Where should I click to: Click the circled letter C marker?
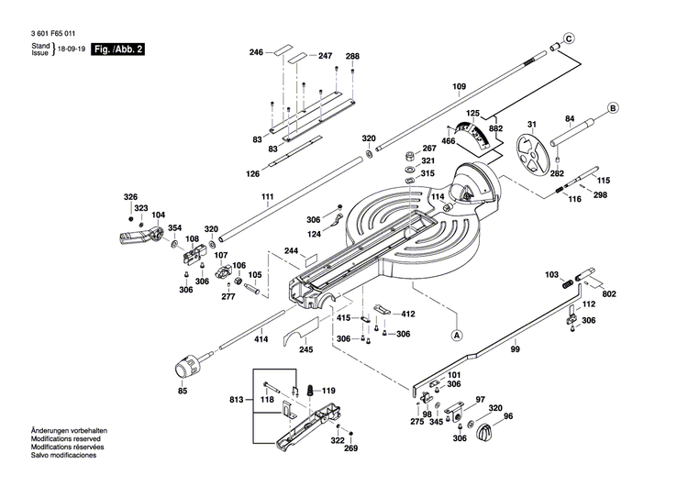click(568, 39)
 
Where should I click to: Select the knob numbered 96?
click(484, 431)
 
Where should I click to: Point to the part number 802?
click(609, 293)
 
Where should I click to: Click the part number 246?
click(256, 52)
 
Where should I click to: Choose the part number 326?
click(130, 197)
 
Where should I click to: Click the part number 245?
click(306, 348)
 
